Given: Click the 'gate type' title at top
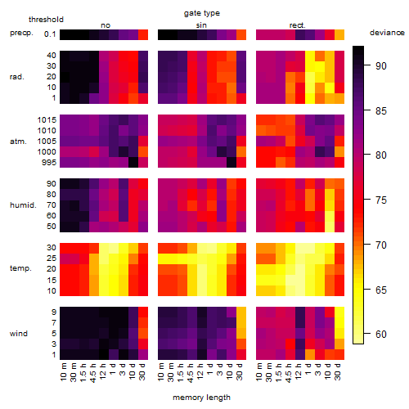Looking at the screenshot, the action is pyautogui.click(x=202, y=13).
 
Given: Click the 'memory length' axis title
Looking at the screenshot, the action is pyautogui.click(x=201, y=398).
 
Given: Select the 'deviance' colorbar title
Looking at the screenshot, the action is pyautogui.click(x=387, y=33).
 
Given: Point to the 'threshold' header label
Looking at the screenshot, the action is pyautogui.click(x=46, y=20).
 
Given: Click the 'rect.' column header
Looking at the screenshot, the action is pyautogui.click(x=297, y=25).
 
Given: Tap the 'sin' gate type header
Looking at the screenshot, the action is pyautogui.click(x=201, y=25).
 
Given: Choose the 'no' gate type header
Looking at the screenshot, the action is pyautogui.click(x=106, y=25).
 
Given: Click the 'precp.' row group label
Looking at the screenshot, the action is pyautogui.click(x=21, y=33).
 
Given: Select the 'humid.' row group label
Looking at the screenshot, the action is pyautogui.click(x=23, y=205).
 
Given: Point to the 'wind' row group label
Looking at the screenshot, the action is pyautogui.click(x=19, y=334).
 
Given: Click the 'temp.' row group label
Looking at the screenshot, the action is pyautogui.click(x=20, y=268).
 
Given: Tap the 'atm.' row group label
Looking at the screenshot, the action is pyautogui.click(x=18, y=142).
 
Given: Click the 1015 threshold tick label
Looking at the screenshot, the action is pyautogui.click(x=47, y=120).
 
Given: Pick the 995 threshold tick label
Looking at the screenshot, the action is pyautogui.click(x=49, y=163).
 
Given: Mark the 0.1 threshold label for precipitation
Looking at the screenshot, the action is pyautogui.click(x=50, y=34).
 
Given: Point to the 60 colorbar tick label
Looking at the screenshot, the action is pyautogui.click(x=381, y=334).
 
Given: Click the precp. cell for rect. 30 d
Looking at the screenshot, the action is pyautogui.click(x=339, y=34).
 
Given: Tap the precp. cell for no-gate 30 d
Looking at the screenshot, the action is pyautogui.click(x=143, y=34).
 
